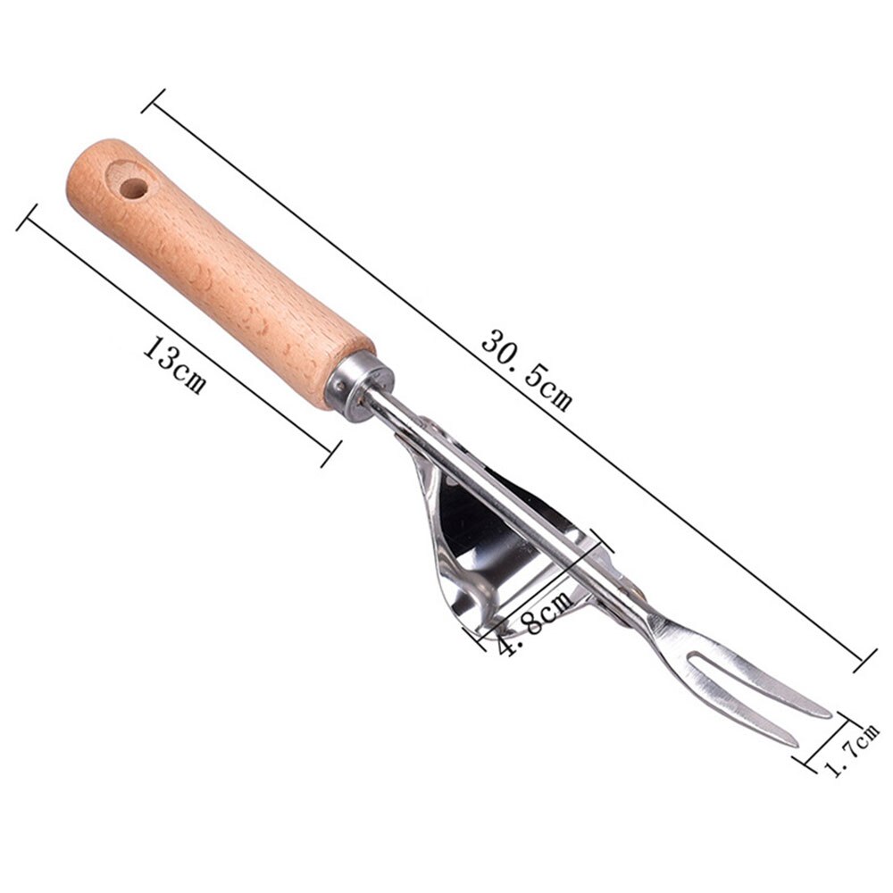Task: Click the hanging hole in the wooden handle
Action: click(x=134, y=188)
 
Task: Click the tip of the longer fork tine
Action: click(x=829, y=714)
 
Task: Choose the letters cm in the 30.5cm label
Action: click(x=555, y=394)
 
